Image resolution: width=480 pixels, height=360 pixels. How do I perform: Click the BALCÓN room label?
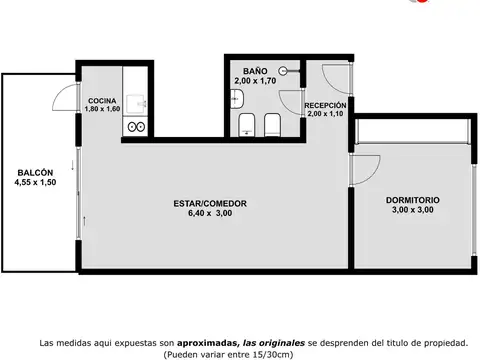pyautogui.click(x=35, y=173)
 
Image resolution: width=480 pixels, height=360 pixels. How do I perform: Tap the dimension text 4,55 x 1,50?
pyautogui.click(x=35, y=182)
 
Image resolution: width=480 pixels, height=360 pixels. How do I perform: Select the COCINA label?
pyautogui.click(x=102, y=101)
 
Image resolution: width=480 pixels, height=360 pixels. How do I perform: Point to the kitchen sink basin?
pyautogui.click(x=136, y=103)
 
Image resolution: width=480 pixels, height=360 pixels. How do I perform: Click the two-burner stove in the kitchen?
pyautogui.click(x=136, y=127)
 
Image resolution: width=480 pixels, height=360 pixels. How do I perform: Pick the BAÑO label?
pyautogui.click(x=255, y=71)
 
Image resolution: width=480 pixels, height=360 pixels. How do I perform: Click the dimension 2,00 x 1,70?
pyautogui.click(x=255, y=81)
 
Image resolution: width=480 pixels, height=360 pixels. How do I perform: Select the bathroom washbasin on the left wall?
pyautogui.click(x=237, y=99)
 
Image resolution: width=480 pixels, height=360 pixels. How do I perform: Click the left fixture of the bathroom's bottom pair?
pyautogui.click(x=247, y=125)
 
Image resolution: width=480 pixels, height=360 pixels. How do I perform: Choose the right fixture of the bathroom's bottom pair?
pyautogui.click(x=272, y=125)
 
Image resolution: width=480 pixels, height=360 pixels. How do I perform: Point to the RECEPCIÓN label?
pyautogui.click(x=325, y=105)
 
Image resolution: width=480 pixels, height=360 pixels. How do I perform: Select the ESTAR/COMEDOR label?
pyautogui.click(x=210, y=204)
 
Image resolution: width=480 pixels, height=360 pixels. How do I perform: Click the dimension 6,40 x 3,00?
pyautogui.click(x=210, y=213)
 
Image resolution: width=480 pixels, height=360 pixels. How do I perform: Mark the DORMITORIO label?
pyautogui.click(x=413, y=200)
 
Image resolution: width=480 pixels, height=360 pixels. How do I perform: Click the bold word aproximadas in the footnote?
pyautogui.click(x=206, y=343)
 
